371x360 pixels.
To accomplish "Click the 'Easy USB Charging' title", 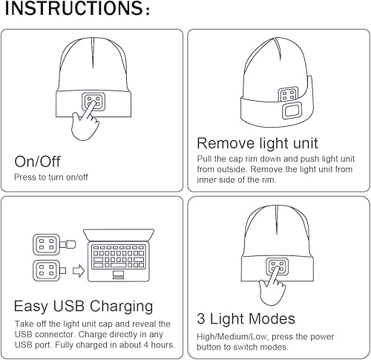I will [83, 306].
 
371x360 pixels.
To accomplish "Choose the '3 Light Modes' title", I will [246, 319].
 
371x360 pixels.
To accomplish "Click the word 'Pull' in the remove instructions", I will [205, 159].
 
